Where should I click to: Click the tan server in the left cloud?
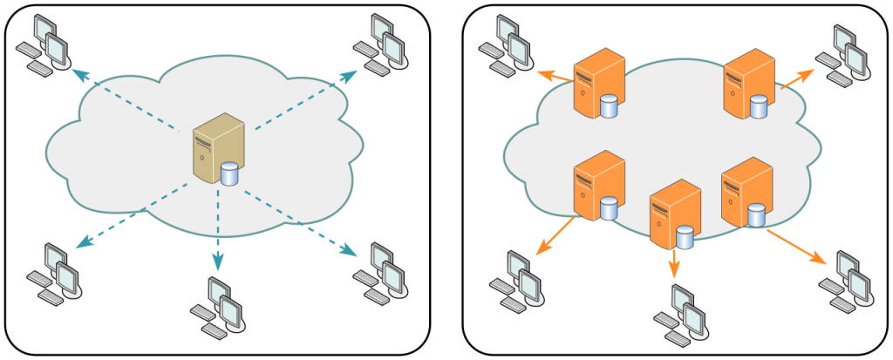point(218,148)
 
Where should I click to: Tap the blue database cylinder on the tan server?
point(229,174)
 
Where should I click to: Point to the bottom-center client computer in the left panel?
point(218,308)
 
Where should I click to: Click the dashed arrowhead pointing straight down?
point(218,261)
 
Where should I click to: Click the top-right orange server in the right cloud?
point(748,84)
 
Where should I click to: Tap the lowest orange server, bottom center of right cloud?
point(673,213)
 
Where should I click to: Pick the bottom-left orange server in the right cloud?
point(597,184)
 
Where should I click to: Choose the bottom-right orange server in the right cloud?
point(746,192)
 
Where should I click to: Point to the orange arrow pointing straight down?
point(674,263)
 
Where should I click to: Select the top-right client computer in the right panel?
point(842,54)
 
